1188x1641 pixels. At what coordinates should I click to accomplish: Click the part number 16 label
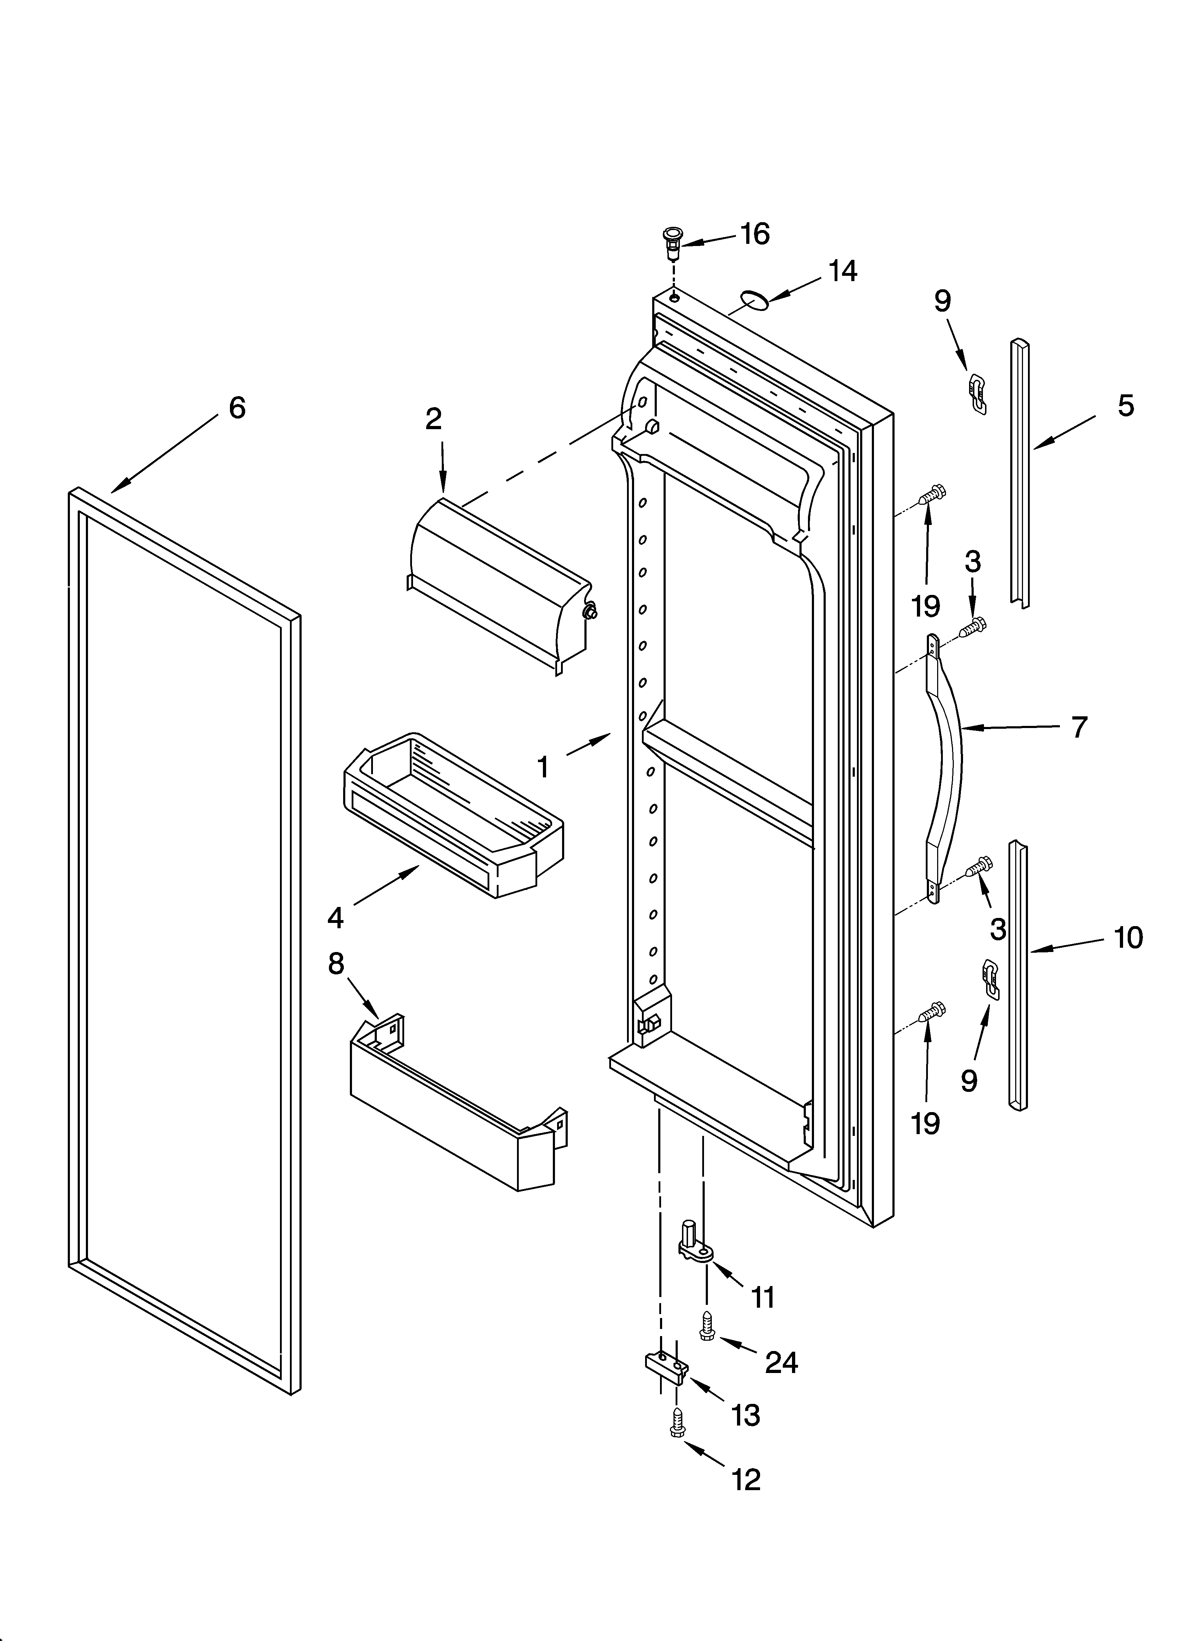(755, 234)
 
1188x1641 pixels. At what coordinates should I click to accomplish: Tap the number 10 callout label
(1128, 938)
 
